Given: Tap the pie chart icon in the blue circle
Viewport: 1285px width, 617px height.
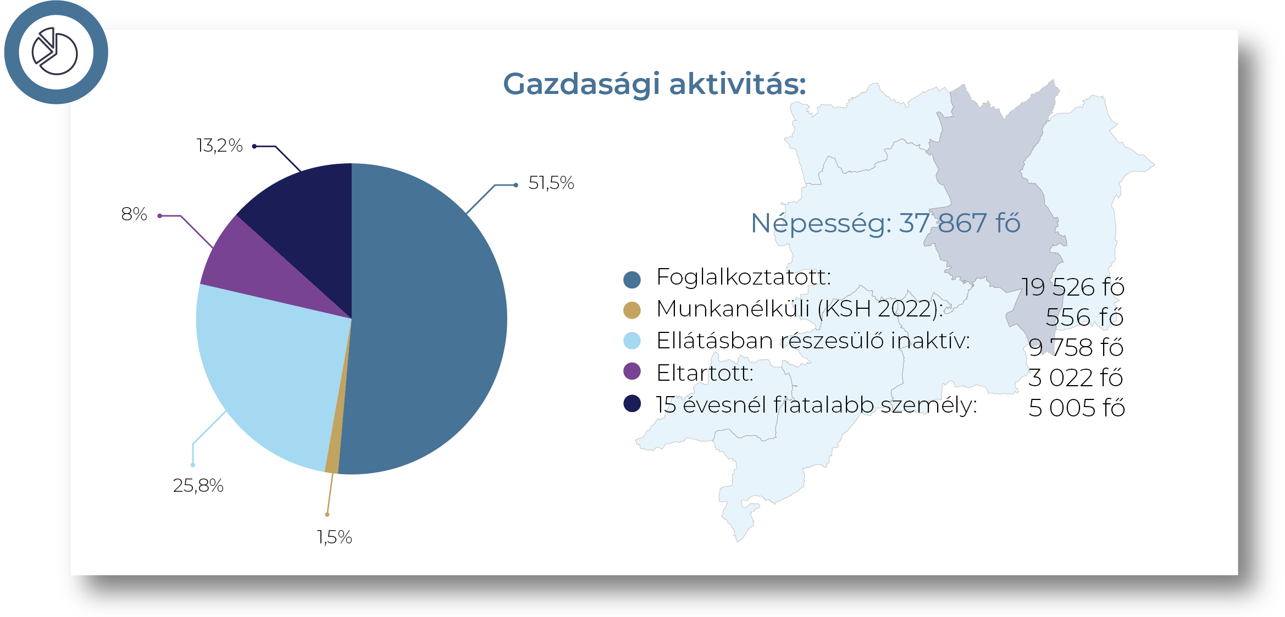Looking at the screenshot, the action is (x=55, y=51).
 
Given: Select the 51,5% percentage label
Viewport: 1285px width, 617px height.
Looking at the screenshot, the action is (x=551, y=183).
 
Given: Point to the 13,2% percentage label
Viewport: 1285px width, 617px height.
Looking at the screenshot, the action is (x=219, y=146).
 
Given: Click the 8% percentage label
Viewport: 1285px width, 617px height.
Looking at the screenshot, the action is (x=134, y=214).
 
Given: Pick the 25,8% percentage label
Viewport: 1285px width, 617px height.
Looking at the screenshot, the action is (x=198, y=486).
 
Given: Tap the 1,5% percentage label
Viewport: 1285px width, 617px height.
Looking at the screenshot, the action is (x=334, y=537).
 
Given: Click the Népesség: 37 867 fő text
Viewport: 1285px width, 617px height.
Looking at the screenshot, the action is (x=885, y=224).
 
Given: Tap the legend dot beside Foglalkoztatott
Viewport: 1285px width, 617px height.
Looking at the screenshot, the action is (x=632, y=280).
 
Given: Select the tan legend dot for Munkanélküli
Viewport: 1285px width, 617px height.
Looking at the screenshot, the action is (x=632, y=310).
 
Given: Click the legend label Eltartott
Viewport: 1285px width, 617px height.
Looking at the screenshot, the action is (x=705, y=373).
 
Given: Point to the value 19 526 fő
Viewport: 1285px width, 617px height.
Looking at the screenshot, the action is (x=1073, y=287).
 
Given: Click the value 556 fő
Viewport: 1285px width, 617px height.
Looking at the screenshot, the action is (x=1085, y=317).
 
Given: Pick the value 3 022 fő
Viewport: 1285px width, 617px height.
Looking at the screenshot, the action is (x=1076, y=377).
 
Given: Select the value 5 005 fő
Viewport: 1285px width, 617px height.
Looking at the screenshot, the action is (x=1077, y=408).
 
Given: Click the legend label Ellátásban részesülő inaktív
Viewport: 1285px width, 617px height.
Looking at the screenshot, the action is (x=813, y=341).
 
